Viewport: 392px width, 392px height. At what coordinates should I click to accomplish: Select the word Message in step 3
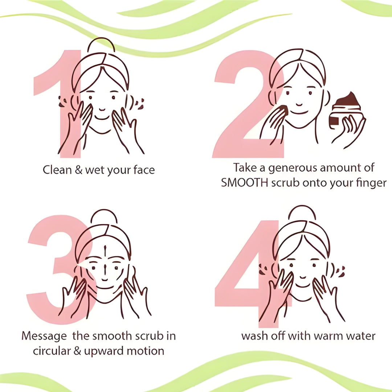[44, 336]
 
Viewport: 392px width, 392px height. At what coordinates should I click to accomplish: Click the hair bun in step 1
[101, 45]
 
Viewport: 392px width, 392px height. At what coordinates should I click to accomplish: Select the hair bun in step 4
[302, 212]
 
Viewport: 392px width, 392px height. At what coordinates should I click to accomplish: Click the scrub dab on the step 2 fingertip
[284, 109]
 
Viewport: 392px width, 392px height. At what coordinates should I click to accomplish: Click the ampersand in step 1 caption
[78, 170]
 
